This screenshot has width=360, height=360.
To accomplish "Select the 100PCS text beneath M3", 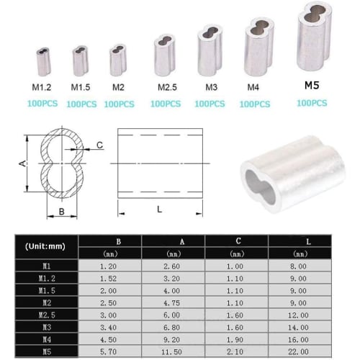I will click(211, 104).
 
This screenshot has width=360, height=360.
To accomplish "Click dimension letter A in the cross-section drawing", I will click(22, 164).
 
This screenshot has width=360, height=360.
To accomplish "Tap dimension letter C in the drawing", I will click(100, 145).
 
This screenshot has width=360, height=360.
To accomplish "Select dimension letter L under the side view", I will click(157, 209).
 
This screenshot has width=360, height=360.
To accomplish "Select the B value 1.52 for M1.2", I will click(109, 277).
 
